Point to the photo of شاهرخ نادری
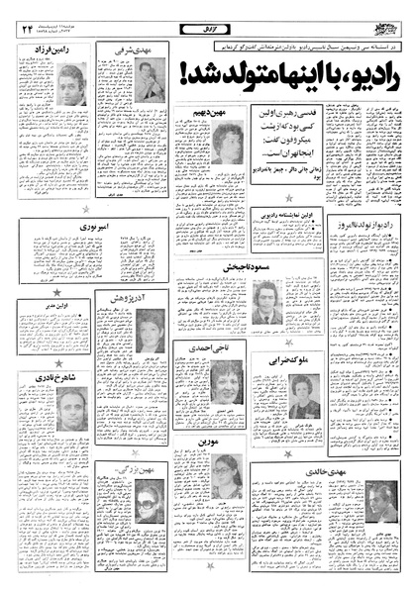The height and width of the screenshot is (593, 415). (x=70, y=408)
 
